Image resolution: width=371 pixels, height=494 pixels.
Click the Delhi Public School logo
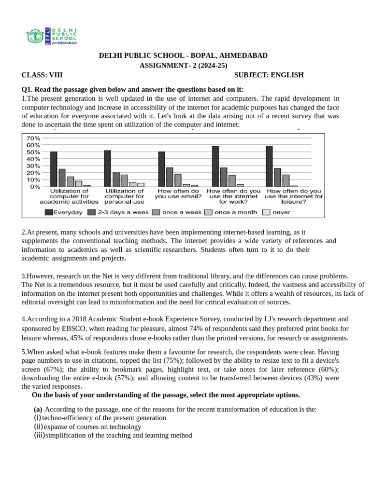pos(51,36)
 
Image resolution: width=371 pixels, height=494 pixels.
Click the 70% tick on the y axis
pos(33,138)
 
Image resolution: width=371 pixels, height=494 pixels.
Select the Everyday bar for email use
pos(161,169)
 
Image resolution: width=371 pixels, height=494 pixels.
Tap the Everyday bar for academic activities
pos(54,169)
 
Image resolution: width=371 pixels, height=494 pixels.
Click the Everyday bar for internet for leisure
pos(269,166)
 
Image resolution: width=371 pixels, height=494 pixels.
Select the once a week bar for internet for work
pos(232,181)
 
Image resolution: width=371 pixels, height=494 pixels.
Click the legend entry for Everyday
pos(64,212)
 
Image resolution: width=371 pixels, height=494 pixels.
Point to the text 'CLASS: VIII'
pos(42,75)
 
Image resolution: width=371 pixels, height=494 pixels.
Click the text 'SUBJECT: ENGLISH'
pos(269,75)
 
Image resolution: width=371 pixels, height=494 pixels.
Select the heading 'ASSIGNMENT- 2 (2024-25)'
pos(183,66)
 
